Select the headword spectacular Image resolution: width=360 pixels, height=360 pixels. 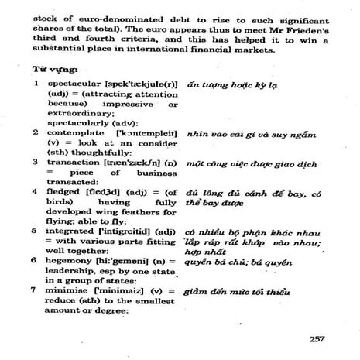click(74, 82)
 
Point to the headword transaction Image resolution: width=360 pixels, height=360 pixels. click(76, 163)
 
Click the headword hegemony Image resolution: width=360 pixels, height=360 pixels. click(72, 260)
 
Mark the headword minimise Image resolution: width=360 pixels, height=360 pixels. click(70, 290)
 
